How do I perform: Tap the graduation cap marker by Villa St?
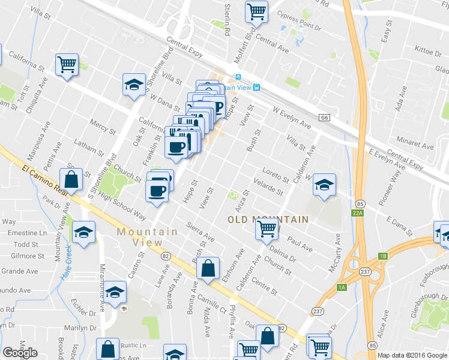[x=134, y=84]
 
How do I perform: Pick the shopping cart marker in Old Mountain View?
[x=266, y=228]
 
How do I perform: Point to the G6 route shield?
[x=325, y=118]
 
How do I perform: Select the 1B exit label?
[x=382, y=256]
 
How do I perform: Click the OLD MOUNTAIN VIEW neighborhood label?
[x=268, y=220]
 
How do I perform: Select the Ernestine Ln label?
[x=26, y=232]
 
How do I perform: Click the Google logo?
[x=20, y=353]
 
